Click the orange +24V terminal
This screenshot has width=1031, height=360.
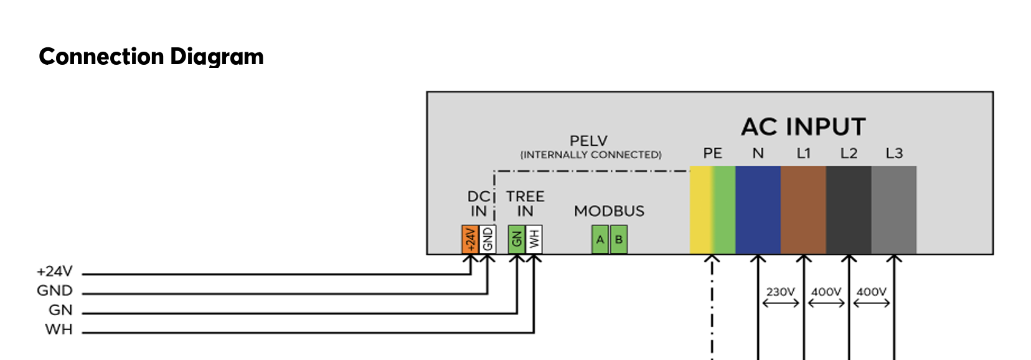tap(470, 239)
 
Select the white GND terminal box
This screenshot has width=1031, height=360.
tap(487, 239)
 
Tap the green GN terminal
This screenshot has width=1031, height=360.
tap(516, 239)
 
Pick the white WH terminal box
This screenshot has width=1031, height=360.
tap(534, 239)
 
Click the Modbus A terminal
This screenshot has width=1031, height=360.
tap(600, 239)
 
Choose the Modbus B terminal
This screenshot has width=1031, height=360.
tap(619, 239)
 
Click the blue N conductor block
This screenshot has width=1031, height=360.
tap(758, 210)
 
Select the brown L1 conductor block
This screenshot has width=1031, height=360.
tap(803, 210)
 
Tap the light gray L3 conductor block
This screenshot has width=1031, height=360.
tap(894, 210)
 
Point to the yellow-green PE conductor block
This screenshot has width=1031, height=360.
tap(712, 210)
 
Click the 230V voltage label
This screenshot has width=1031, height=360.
tap(781, 292)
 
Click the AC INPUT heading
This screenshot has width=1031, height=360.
tap(803, 126)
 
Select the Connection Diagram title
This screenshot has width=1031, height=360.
tap(151, 57)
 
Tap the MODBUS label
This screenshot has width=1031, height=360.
tap(609, 211)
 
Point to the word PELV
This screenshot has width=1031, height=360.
tap(589, 140)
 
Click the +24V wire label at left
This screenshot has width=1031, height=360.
tap(55, 272)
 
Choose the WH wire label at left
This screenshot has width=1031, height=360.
tap(59, 329)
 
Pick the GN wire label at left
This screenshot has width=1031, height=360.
tap(61, 310)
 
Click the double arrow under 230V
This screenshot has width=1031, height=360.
tap(781, 303)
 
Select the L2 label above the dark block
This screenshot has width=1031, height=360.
tap(849, 153)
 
